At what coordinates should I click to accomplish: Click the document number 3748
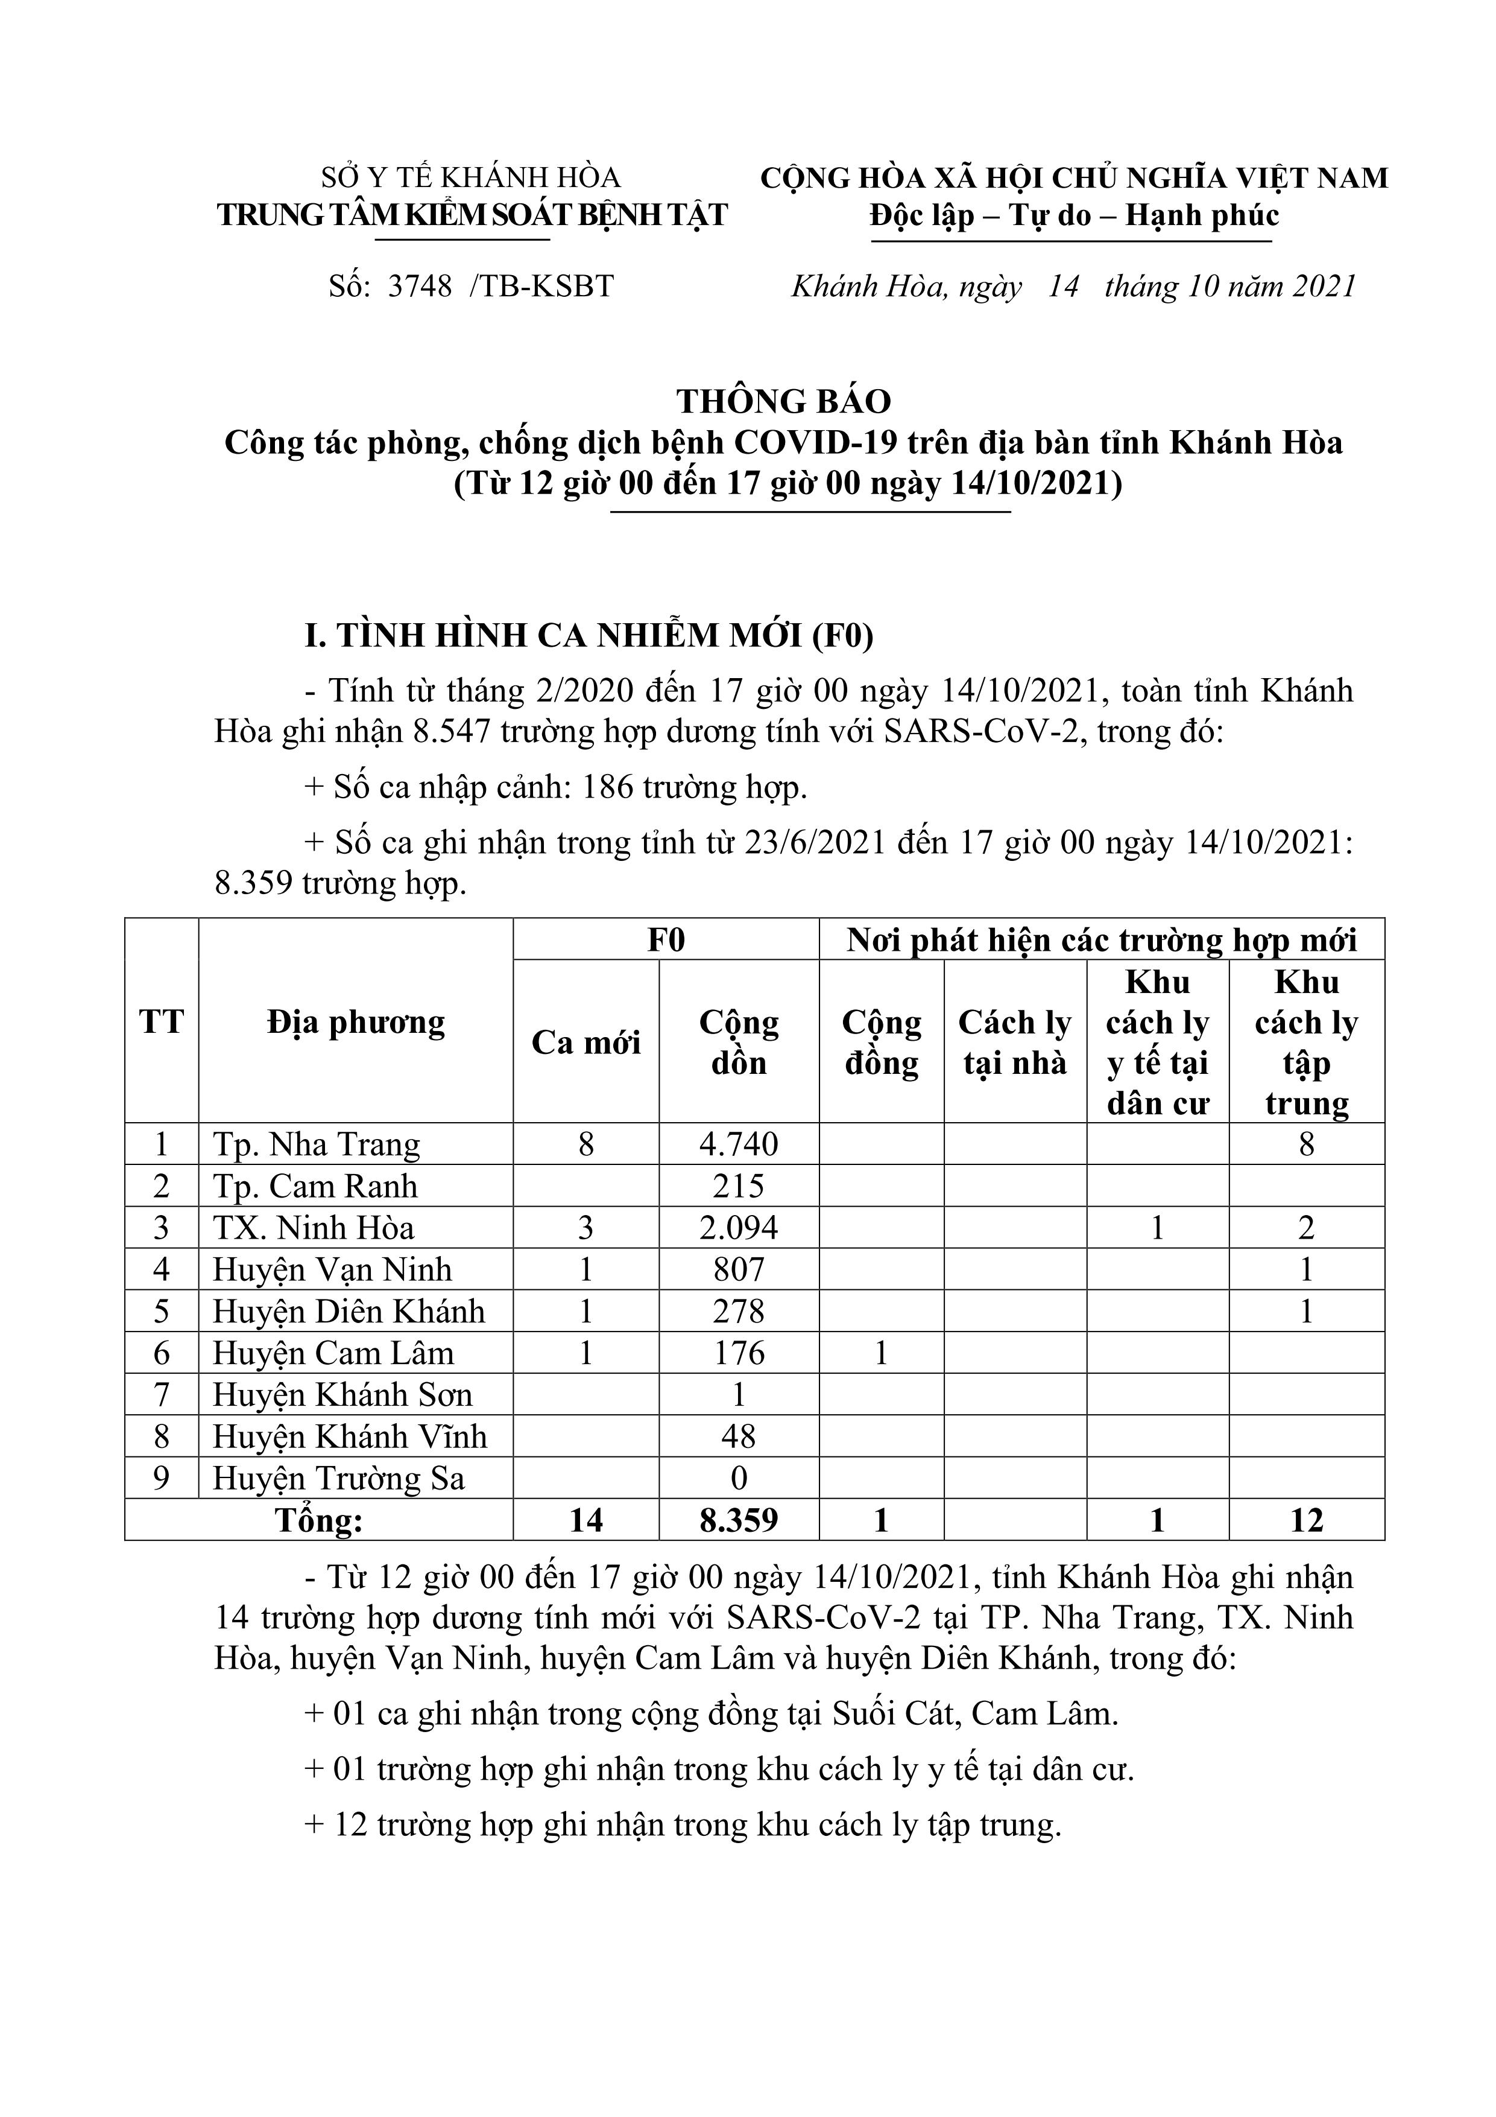tap(420, 287)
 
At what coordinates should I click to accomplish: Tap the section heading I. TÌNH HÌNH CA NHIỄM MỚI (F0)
tap(589, 636)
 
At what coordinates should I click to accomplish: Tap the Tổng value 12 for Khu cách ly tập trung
tap(1306, 1520)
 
